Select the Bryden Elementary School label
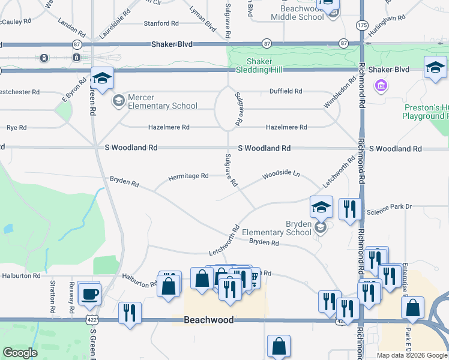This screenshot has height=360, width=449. [x=291, y=228]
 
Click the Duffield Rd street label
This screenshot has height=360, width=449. [x=286, y=91]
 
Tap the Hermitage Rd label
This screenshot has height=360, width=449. [x=188, y=176]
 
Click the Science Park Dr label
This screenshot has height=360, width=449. [x=389, y=206]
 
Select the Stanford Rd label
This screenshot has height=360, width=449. [x=161, y=23]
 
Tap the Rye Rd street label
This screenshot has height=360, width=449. [x=16, y=128]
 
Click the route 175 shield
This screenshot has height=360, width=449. [x=361, y=25]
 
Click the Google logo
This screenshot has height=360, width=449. [x=20, y=353]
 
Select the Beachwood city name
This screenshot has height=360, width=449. [x=208, y=320]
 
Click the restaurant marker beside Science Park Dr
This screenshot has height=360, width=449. [x=350, y=209]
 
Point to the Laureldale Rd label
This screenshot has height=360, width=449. [x=115, y=24]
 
